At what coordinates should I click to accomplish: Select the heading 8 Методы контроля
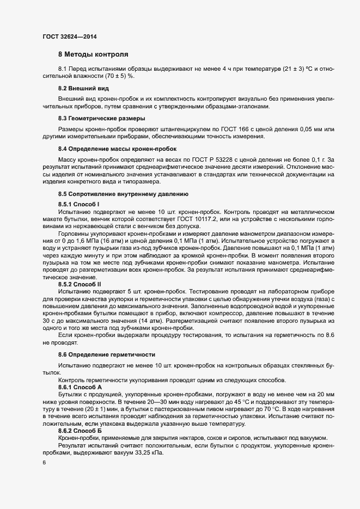(93, 55)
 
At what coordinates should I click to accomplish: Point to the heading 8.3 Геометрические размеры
(101, 118)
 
